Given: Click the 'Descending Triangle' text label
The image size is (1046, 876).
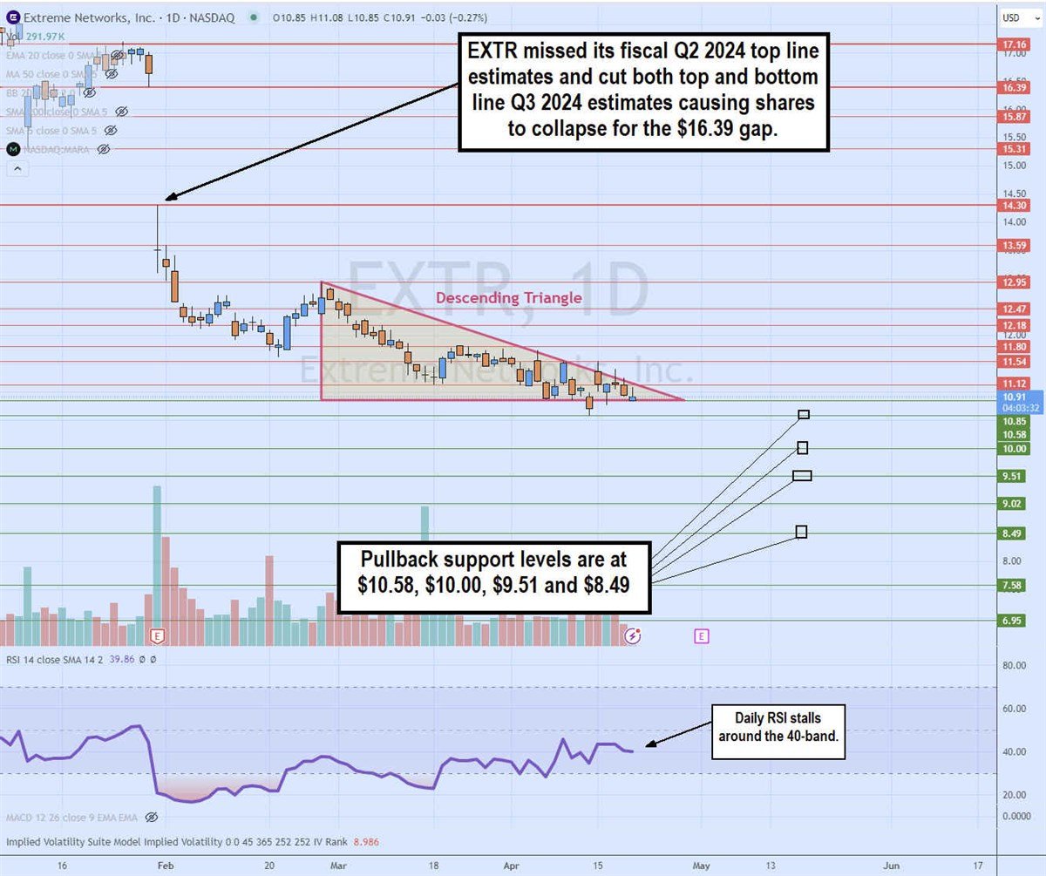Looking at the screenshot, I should pos(508,298).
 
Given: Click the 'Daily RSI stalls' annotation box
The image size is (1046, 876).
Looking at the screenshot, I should pos(780,731).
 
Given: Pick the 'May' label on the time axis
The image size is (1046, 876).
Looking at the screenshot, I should pos(701,866).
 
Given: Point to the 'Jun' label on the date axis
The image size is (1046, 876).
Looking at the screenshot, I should pos(892,866).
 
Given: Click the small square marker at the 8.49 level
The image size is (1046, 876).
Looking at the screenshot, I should pos(801,532).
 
